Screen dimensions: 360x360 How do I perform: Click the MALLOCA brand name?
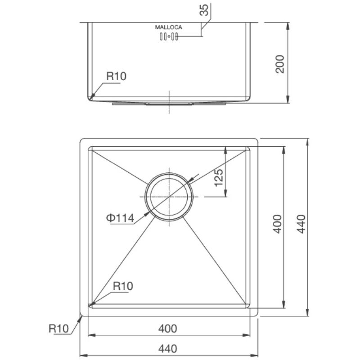(168, 27)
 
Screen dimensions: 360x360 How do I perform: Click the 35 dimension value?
(204, 10)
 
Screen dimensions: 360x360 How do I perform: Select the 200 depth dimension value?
(279, 64)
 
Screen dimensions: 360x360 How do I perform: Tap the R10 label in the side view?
(116, 76)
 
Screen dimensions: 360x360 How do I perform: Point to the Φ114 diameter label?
(120, 218)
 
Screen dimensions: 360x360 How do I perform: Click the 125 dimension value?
(218, 178)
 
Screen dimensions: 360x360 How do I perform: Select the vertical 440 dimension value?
(301, 224)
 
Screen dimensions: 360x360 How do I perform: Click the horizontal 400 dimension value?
(167, 329)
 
